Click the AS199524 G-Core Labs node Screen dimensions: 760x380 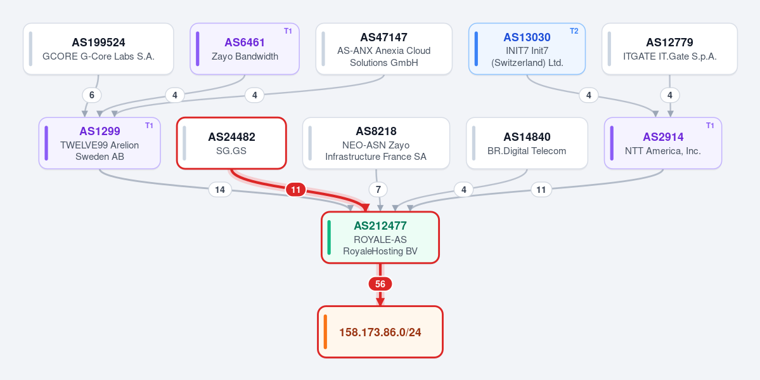click(x=98, y=49)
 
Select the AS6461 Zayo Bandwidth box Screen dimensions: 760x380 click(x=244, y=49)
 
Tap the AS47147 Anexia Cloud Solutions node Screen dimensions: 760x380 click(x=384, y=49)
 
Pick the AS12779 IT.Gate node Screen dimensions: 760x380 click(x=669, y=49)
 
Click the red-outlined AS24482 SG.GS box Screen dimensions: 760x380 click(x=231, y=143)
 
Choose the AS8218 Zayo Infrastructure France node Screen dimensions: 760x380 click(x=376, y=143)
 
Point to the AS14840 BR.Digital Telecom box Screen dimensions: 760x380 click(x=527, y=143)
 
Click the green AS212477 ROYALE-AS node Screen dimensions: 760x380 click(x=380, y=237)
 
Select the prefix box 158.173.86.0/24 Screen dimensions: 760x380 click(x=380, y=332)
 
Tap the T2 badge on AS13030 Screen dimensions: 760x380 click(x=574, y=31)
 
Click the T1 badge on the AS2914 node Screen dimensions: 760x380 click(x=710, y=126)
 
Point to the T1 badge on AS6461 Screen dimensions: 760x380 click(x=288, y=31)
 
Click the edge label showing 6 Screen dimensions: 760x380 click(x=92, y=95)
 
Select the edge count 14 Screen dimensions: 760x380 click(x=220, y=190)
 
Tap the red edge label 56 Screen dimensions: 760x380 click(x=380, y=284)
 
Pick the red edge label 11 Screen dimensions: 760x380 click(x=295, y=189)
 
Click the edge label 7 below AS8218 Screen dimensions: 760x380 click(x=378, y=190)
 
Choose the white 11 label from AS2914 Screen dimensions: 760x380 click(x=541, y=190)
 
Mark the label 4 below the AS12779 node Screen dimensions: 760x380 click(x=670, y=95)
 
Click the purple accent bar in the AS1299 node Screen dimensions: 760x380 click(x=46, y=143)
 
